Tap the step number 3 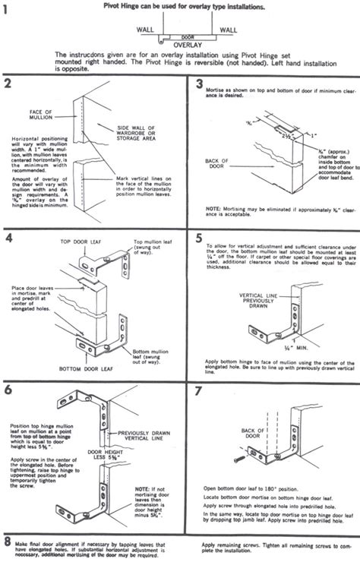(x=199, y=84)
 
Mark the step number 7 (x=198, y=390)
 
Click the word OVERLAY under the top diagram (x=178, y=45)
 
